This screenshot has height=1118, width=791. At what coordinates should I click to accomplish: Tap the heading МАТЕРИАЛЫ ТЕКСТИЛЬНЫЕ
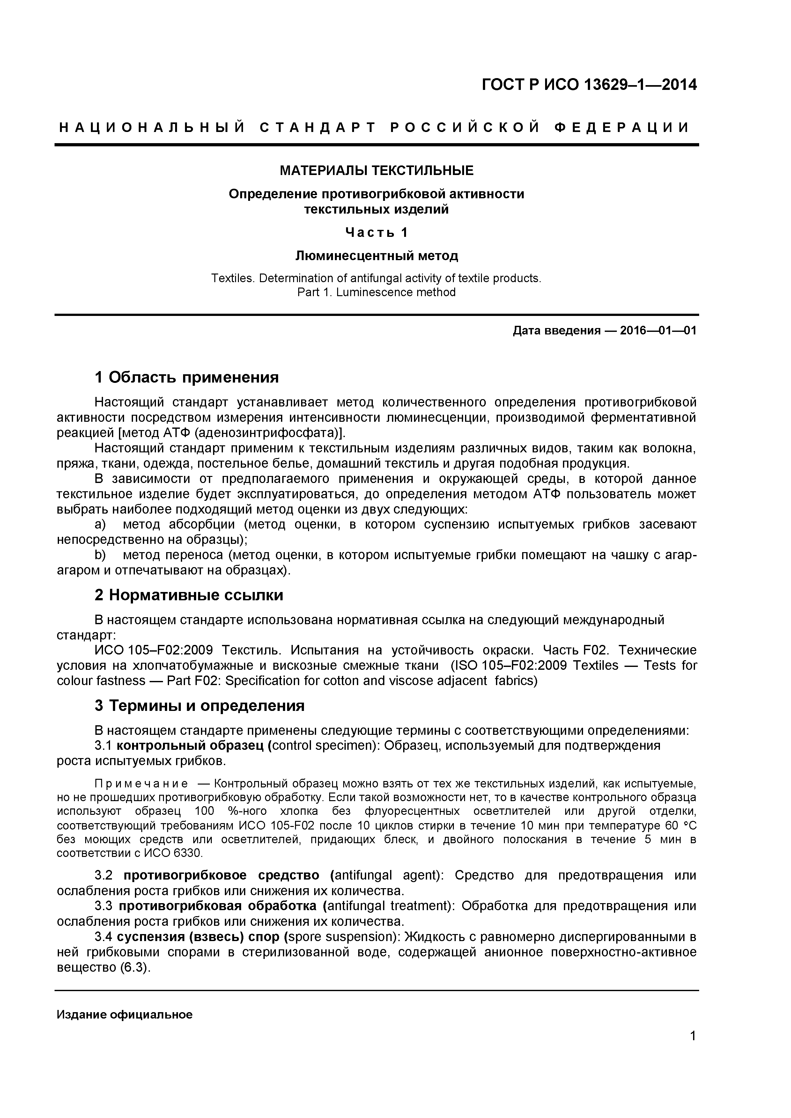pyautogui.click(x=376, y=171)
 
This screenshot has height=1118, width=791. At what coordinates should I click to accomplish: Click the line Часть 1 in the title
pyautogui.click(x=376, y=232)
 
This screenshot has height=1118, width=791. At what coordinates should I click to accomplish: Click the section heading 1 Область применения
pyautogui.click(x=187, y=377)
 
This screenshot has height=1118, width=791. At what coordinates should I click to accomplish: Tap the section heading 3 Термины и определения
pyautogui.click(x=199, y=705)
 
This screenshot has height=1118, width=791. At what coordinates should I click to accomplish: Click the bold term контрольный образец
pyautogui.click(x=192, y=746)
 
